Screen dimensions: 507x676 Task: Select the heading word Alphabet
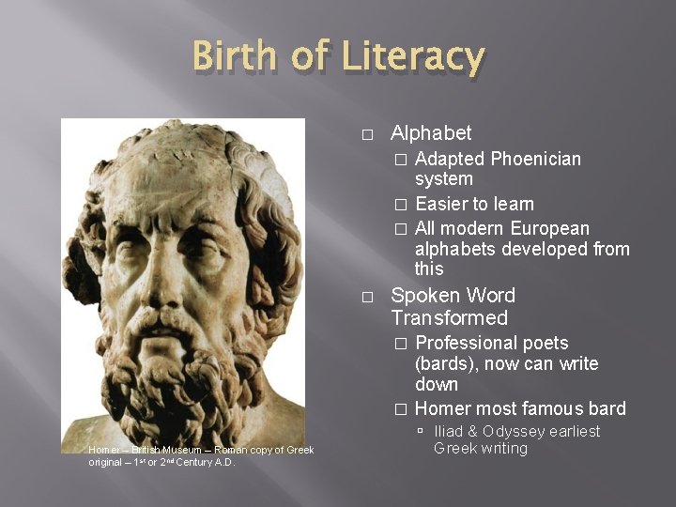point(431,133)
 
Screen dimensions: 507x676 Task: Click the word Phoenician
point(536,159)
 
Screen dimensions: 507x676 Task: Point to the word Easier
point(441,204)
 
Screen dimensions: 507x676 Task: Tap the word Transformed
point(450,318)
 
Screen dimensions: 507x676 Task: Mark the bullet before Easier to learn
point(401,205)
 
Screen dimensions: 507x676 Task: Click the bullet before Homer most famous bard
point(401,409)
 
